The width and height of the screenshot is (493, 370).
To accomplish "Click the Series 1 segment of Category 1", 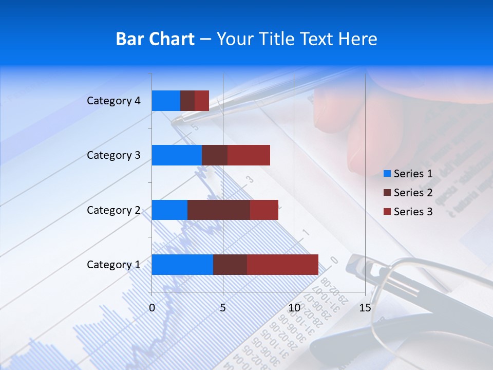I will (x=182, y=265).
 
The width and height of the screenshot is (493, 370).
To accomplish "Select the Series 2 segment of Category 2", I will (x=219, y=210).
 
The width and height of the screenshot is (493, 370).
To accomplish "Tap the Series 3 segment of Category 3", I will (x=249, y=155).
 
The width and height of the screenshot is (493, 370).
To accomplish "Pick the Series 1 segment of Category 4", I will (x=166, y=101).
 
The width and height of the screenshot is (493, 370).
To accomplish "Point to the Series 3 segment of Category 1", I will (x=282, y=265).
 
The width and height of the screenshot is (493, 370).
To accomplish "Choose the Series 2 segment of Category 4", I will (x=187, y=101).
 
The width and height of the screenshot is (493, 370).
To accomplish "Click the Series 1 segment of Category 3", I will (x=177, y=155).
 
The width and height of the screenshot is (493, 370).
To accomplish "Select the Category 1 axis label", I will (x=113, y=265).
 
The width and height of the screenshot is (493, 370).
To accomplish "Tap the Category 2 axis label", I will (x=113, y=210).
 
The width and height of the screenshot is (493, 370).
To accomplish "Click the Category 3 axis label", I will (x=113, y=155).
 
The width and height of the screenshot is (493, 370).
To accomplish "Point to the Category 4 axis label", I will (x=113, y=101).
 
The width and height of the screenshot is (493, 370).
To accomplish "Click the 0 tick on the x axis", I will (x=152, y=308).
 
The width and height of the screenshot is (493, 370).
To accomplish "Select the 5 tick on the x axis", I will (x=223, y=308).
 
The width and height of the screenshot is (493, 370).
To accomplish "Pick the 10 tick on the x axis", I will (x=294, y=308).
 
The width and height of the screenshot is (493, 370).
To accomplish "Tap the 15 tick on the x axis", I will (x=365, y=308).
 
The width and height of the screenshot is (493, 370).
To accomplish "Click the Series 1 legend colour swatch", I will (x=387, y=174).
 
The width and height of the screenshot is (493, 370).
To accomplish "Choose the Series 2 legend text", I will (x=413, y=193).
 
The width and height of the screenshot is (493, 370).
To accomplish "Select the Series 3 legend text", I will (x=413, y=212).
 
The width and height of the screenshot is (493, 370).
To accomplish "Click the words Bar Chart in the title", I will (x=155, y=39).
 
